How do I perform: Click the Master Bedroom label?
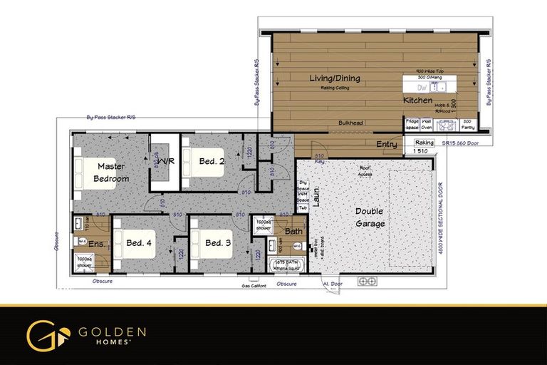point(113,172)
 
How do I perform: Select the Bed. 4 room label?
point(139,243)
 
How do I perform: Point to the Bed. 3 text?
point(218,243)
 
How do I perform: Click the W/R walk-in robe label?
point(167,161)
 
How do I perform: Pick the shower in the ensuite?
point(85,262)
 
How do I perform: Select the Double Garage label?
point(369,217)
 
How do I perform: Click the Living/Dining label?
point(335,78)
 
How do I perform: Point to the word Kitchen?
point(417,101)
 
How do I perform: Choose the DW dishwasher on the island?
point(422,87)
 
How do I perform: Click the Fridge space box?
point(412,124)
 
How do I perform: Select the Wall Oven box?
point(427,124)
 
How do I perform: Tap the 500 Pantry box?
point(467,124)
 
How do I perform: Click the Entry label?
point(387,145)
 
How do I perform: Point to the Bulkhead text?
point(350,123)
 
